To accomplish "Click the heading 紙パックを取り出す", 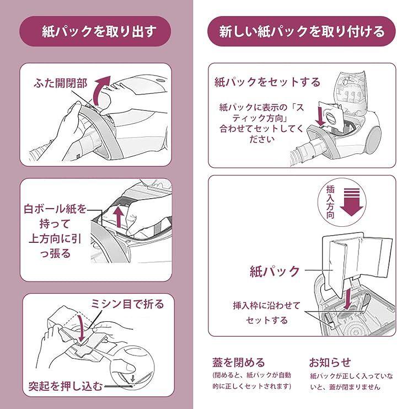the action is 99,31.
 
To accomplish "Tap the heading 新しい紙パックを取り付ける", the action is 302,31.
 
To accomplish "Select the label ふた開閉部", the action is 60,83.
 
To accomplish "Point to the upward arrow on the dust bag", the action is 119,216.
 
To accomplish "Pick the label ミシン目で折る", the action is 127,304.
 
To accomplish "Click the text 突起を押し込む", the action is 66,386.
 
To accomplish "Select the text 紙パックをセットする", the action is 267,82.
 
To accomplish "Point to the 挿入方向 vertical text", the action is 330,202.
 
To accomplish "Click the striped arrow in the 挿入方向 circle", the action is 352,202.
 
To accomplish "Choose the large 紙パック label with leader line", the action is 275,271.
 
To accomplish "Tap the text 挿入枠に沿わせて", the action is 267,305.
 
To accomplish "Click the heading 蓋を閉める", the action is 238,362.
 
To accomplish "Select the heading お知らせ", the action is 330,362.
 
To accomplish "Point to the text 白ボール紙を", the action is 55,209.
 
